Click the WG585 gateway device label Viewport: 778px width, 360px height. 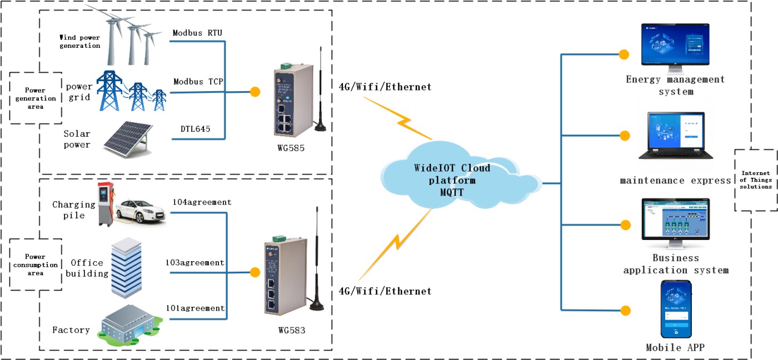[x=291, y=149]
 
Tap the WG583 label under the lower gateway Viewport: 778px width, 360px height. [x=292, y=331]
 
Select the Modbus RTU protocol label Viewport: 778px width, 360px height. [x=197, y=33]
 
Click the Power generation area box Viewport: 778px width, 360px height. [x=36, y=98]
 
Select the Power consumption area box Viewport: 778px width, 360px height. [x=36, y=265]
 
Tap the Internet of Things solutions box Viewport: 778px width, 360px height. [x=755, y=181]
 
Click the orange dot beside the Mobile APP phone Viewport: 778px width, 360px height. [x=625, y=310]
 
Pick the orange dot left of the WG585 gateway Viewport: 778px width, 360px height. [x=255, y=92]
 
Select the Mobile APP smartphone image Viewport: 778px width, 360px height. [x=676, y=309]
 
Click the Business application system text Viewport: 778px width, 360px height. [x=676, y=264]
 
